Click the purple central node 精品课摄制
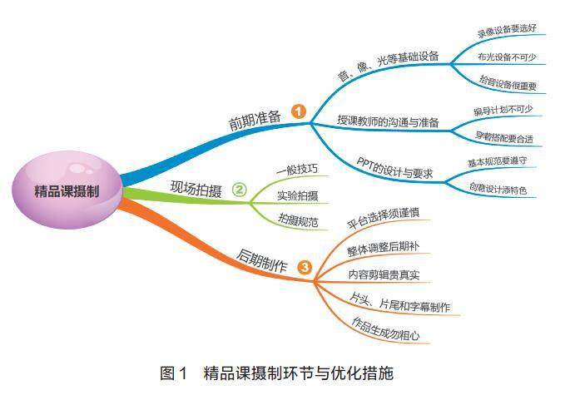(x=67, y=190)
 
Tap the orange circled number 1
(x=299, y=111)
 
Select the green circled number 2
(x=239, y=190)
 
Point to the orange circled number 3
(x=305, y=267)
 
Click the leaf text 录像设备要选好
(x=506, y=32)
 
